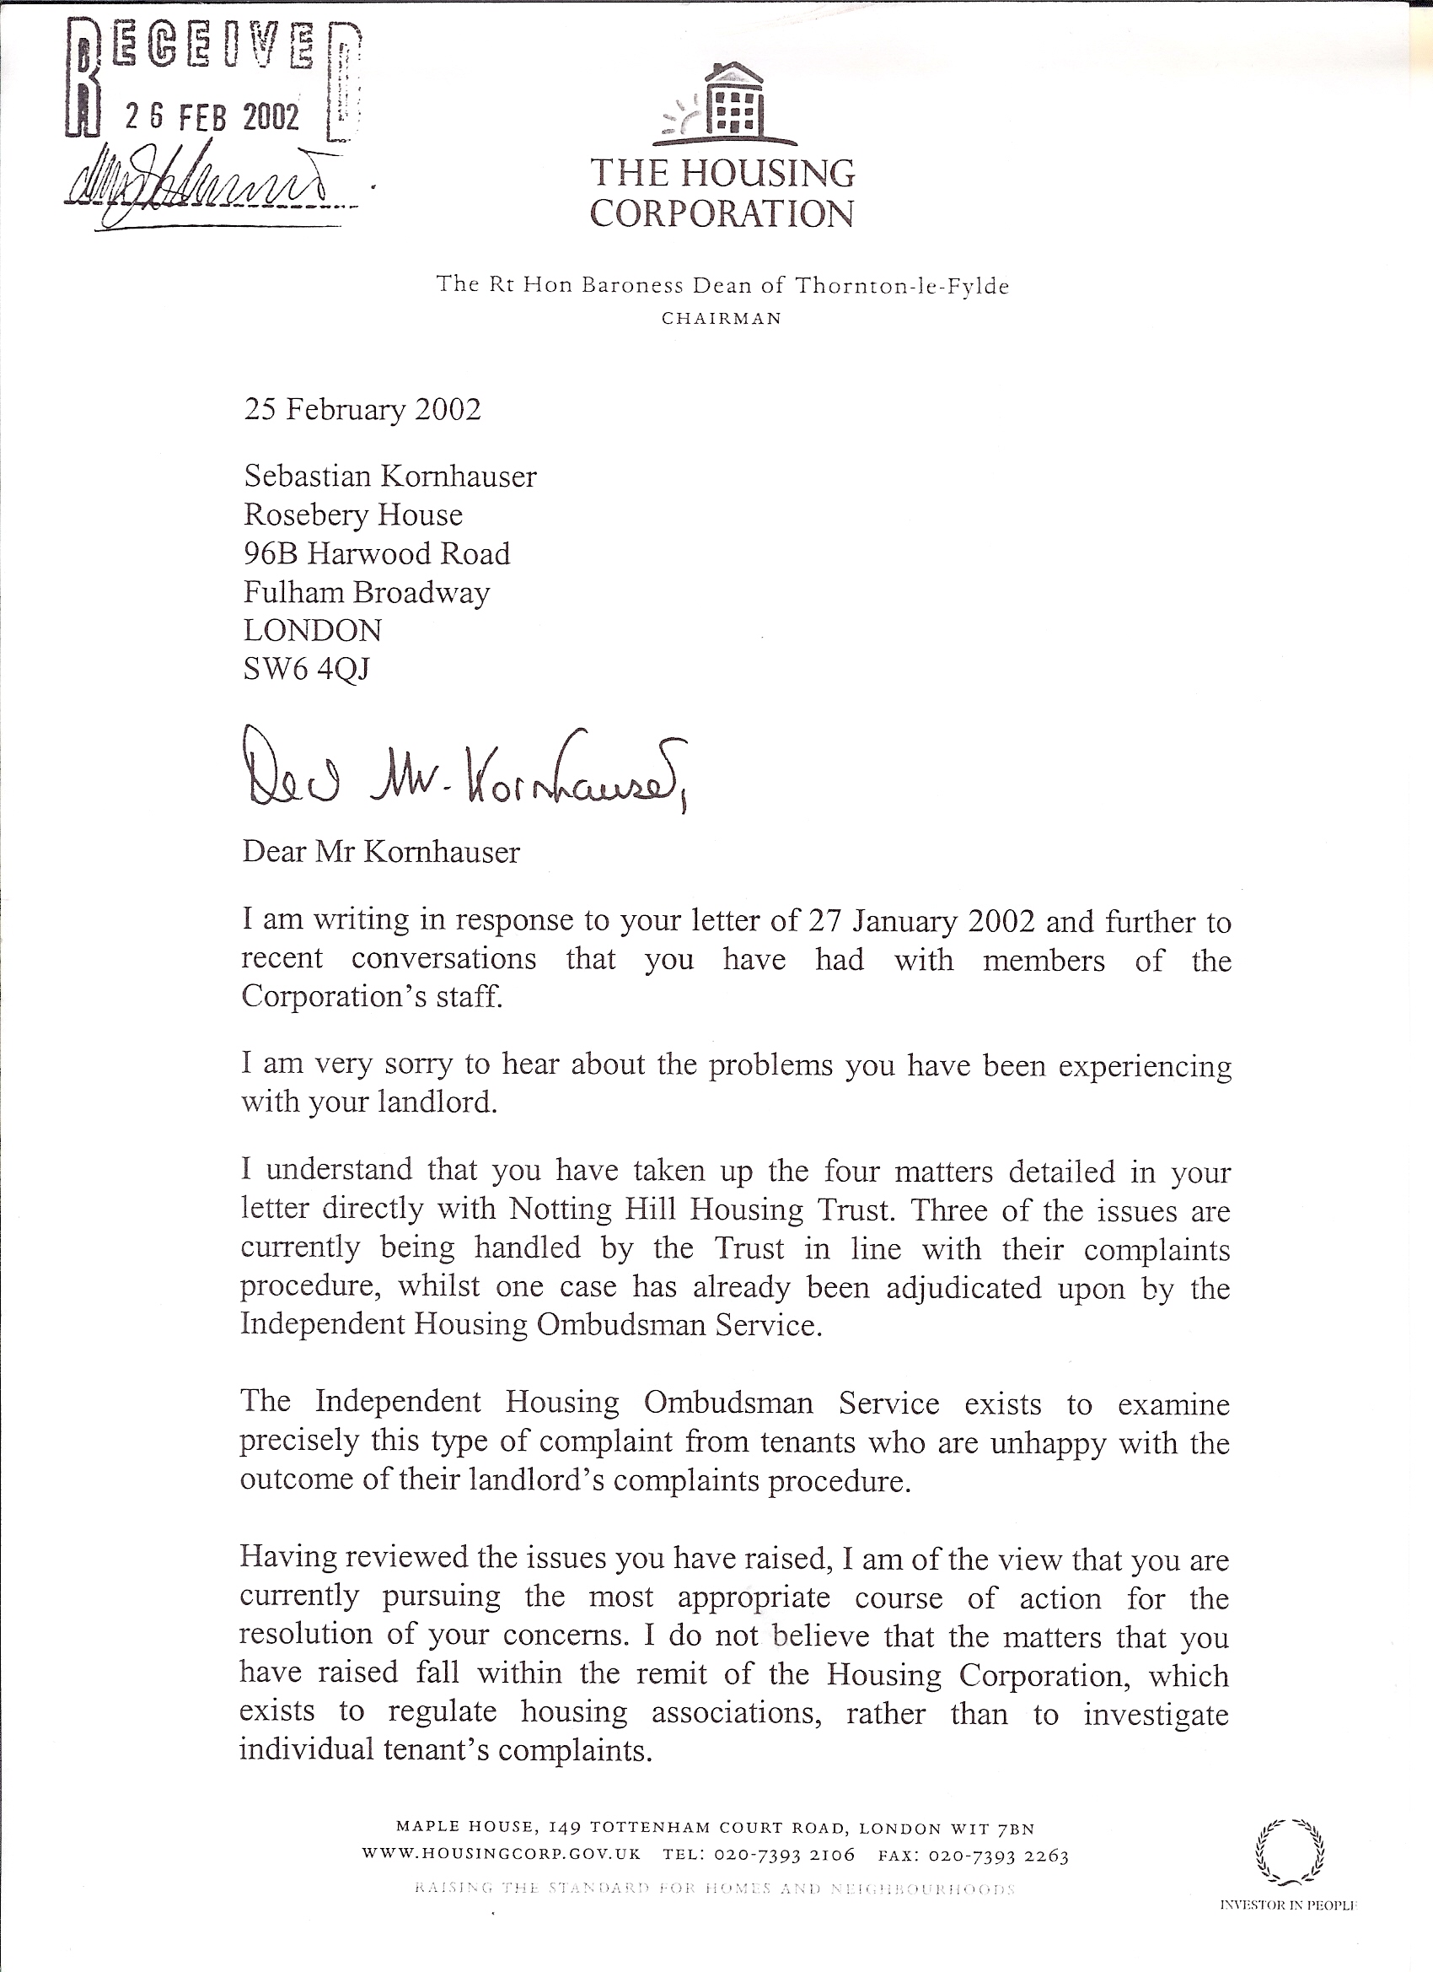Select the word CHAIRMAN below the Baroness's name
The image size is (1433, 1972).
[x=722, y=319]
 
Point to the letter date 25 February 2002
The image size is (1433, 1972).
[x=362, y=410]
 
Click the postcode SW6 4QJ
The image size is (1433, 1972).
[x=307, y=669]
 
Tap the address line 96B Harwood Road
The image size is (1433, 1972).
[x=376, y=554]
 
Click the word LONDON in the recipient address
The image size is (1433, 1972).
[x=313, y=630]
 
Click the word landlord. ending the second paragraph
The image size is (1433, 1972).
[x=437, y=1102]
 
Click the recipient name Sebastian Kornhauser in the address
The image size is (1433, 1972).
[x=390, y=477]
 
